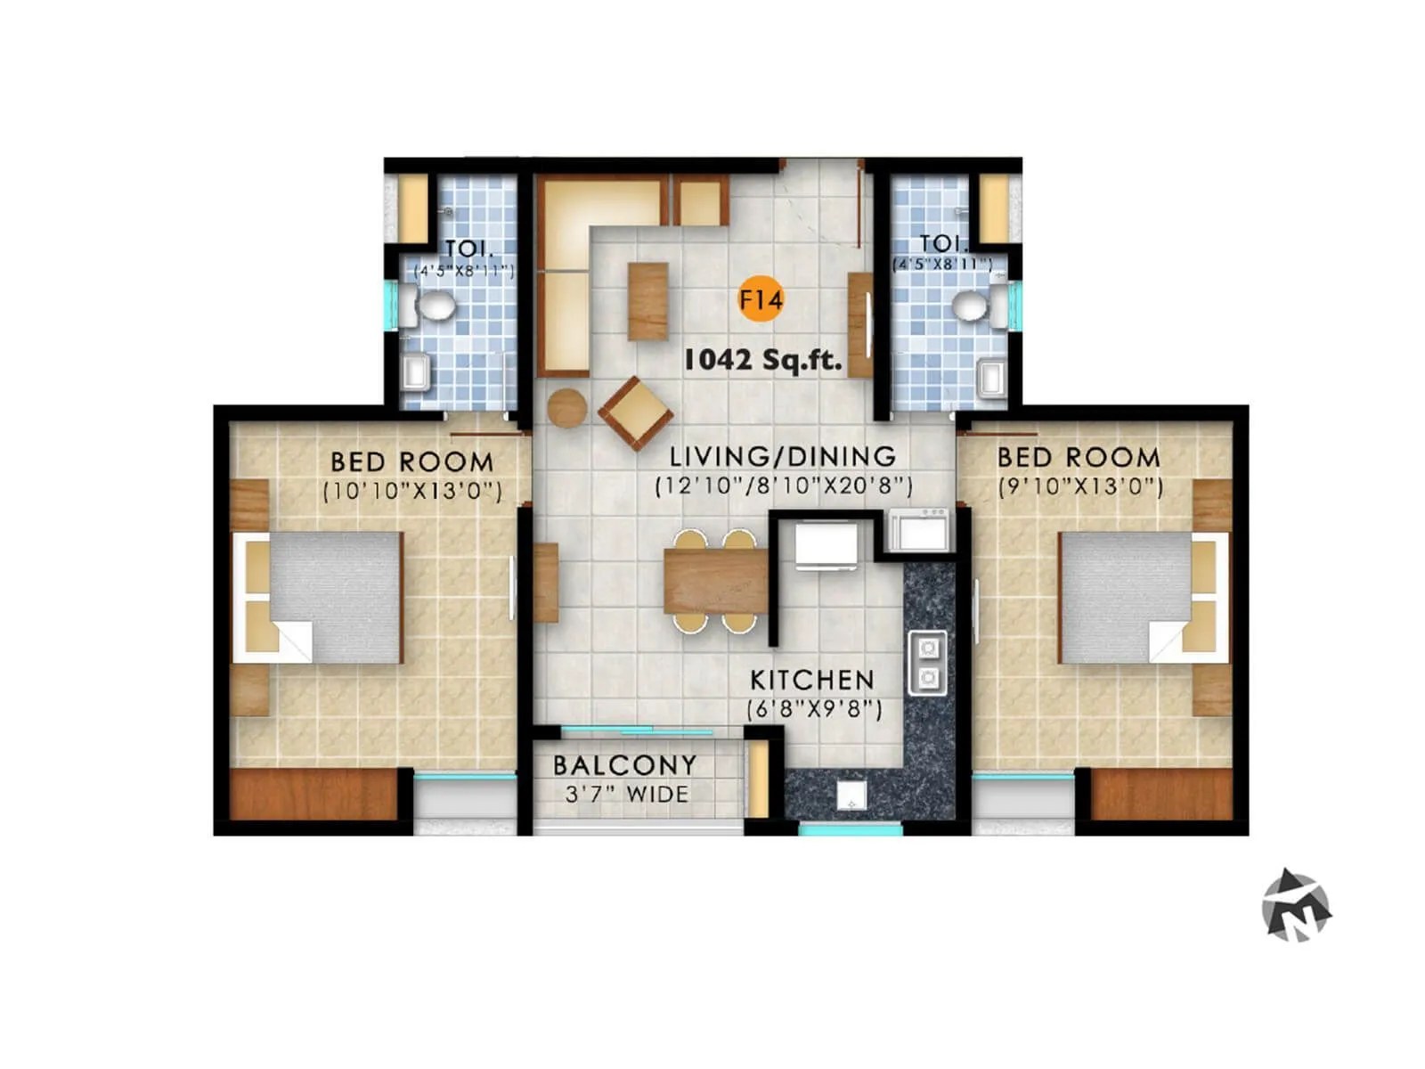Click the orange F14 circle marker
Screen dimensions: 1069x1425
pyautogui.click(x=761, y=300)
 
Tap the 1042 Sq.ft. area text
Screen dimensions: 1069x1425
pyautogui.click(x=762, y=360)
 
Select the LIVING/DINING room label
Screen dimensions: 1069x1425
pyautogui.click(x=783, y=457)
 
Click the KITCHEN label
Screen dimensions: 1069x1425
pyautogui.click(x=812, y=681)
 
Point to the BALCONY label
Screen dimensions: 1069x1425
pyautogui.click(x=624, y=765)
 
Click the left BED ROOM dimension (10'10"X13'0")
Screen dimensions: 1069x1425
pyautogui.click(x=412, y=491)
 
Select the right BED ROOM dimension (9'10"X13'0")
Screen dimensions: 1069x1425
pyautogui.click(x=1079, y=486)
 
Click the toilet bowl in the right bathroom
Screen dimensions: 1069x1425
pyautogui.click(x=971, y=306)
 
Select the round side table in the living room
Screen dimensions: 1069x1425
pyautogui.click(x=566, y=408)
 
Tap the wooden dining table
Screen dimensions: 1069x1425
pyautogui.click(x=715, y=581)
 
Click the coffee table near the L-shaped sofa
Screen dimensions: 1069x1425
pyautogui.click(x=647, y=301)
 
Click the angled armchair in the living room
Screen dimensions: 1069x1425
pyautogui.click(x=636, y=413)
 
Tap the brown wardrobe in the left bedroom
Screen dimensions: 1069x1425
pyautogui.click(x=313, y=794)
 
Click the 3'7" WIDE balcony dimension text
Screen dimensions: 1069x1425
pyautogui.click(x=627, y=794)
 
